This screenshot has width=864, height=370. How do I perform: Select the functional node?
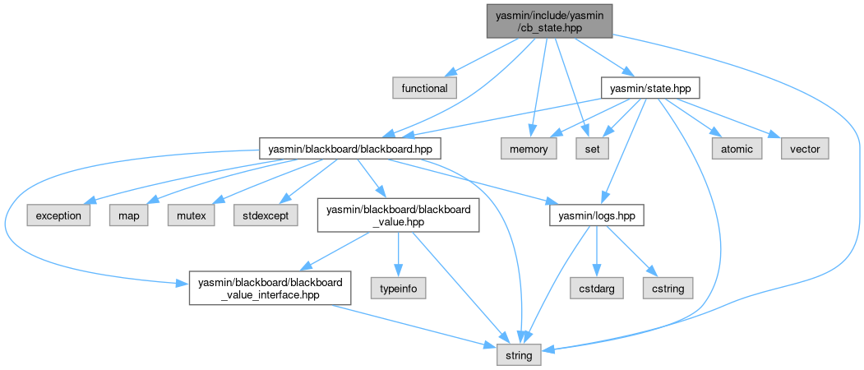(x=424, y=88)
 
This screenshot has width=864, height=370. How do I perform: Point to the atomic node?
(x=737, y=149)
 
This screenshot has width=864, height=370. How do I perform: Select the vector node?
(x=805, y=149)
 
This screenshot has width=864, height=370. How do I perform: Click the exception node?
(x=58, y=215)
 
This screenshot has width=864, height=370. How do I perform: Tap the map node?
(x=124, y=215)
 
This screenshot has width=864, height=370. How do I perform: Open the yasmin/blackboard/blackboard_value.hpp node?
(x=398, y=215)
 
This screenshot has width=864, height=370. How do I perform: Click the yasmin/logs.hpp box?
(x=596, y=215)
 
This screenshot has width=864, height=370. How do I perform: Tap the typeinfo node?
(x=399, y=288)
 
